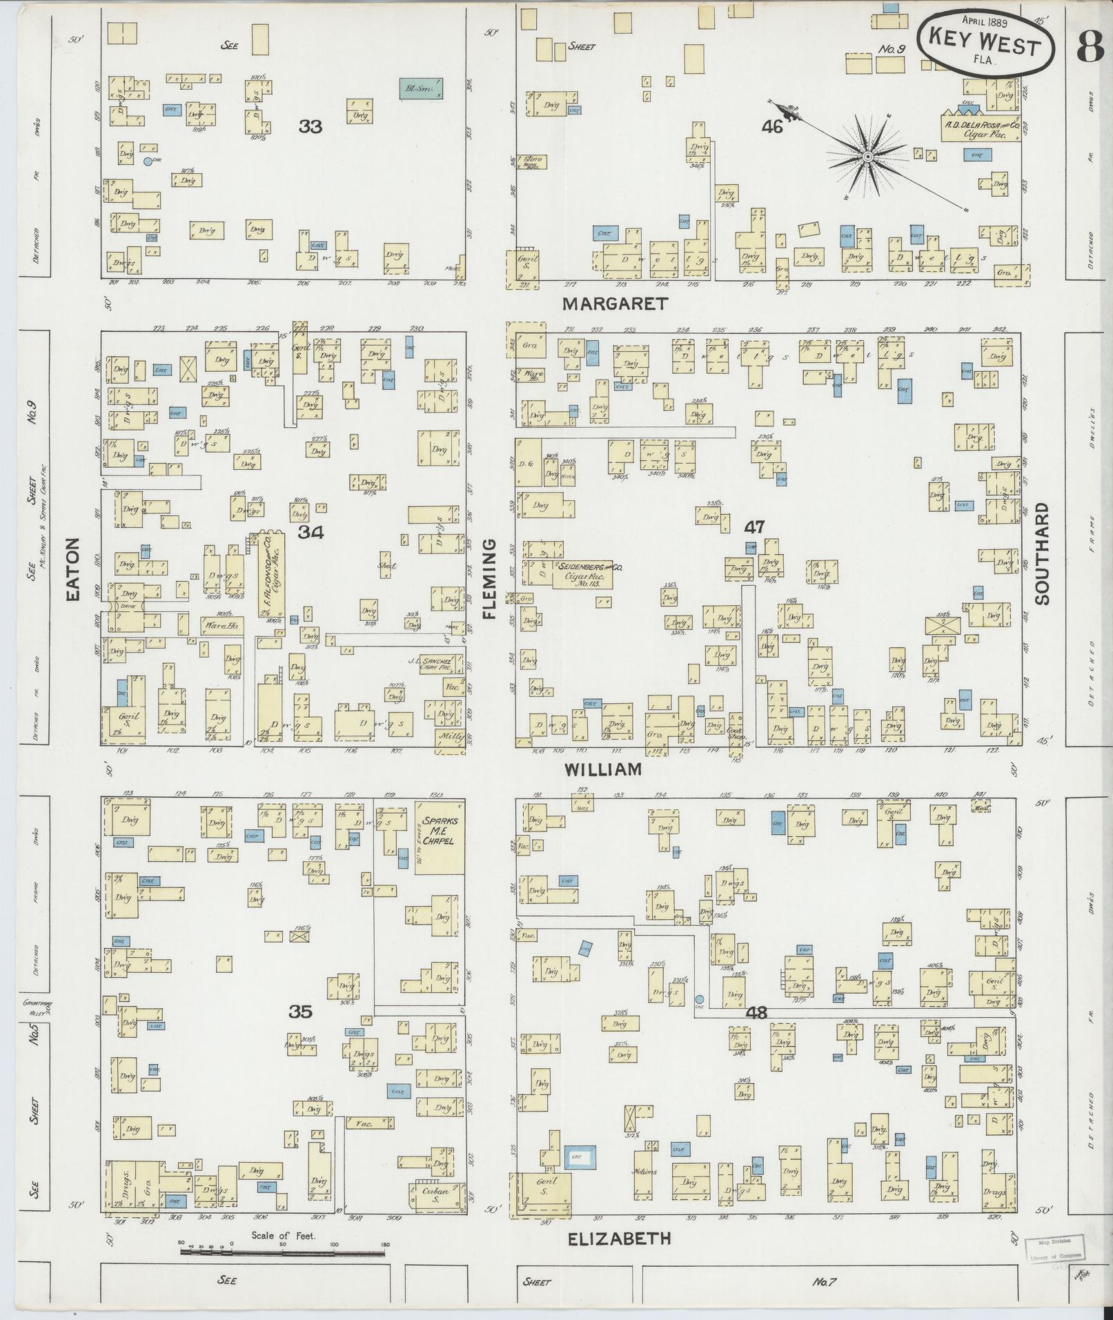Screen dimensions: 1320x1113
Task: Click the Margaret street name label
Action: (615, 303)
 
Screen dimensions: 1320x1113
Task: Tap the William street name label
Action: (604, 769)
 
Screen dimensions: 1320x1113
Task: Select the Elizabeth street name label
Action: (619, 1239)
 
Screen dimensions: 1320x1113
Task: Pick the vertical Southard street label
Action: (1042, 553)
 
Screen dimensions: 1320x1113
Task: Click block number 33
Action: (311, 126)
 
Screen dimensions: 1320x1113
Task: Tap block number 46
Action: (772, 126)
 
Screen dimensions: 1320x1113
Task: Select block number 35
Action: (300, 1012)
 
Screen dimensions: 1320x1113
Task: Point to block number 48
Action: (756, 1013)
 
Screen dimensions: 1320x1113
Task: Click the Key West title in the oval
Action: (985, 46)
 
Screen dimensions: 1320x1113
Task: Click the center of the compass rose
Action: (867, 157)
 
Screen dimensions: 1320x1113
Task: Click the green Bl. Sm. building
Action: (421, 88)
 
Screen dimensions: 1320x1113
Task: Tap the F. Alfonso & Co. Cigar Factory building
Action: (270, 573)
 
